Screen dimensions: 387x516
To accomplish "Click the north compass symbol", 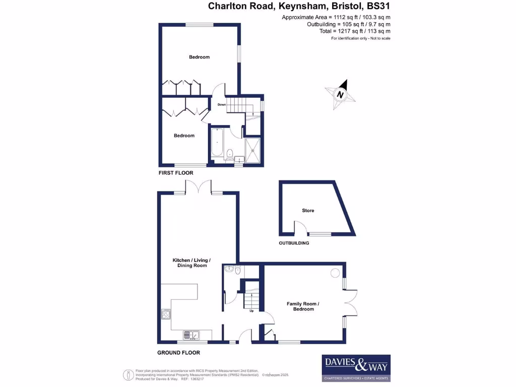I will pos(340,94).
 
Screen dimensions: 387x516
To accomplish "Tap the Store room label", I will pos(308,210).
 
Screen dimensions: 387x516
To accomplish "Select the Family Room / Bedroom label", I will pos(303,306).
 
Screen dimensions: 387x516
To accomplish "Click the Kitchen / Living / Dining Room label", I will pos(191,263).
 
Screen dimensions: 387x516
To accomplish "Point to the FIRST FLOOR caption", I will pos(176,173).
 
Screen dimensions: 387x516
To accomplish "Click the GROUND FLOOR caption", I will pos(178,353).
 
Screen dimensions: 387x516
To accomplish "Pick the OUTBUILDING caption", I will pos(294,243).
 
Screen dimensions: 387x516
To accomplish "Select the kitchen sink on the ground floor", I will pos(191,335).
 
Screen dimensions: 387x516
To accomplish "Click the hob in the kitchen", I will pos(166,315).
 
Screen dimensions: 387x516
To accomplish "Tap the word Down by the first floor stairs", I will pos(221,105).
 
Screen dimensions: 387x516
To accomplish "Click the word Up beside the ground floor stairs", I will pos(251,311).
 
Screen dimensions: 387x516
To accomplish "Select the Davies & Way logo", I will pos(356,367).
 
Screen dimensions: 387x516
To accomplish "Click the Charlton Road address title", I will pos(299,7).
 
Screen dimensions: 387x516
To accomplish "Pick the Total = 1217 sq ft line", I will pos(355,31).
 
